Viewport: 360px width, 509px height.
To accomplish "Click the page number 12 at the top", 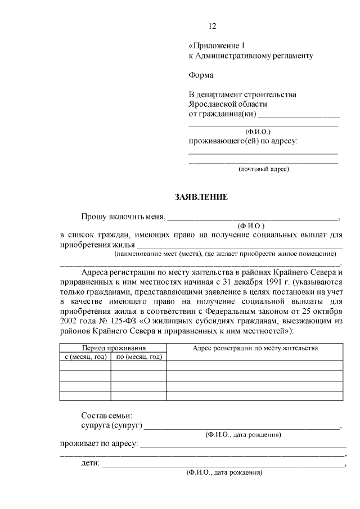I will (212, 26).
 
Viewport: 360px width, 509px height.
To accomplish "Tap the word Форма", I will (201, 75).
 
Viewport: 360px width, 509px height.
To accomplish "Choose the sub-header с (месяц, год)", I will (85, 357).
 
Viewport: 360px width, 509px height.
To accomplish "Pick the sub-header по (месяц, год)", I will (139, 357).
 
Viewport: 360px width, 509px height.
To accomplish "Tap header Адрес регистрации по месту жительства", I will (255, 348).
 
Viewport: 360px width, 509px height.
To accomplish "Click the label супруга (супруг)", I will (111, 425).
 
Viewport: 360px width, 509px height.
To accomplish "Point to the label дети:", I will (91, 464).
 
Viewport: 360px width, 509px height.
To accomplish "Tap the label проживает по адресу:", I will (99, 444).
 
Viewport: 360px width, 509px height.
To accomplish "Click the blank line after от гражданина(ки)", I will (299, 115).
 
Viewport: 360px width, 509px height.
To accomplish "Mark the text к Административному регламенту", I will (250, 56).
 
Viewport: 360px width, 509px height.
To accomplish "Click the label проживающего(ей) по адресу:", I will (242, 141).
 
